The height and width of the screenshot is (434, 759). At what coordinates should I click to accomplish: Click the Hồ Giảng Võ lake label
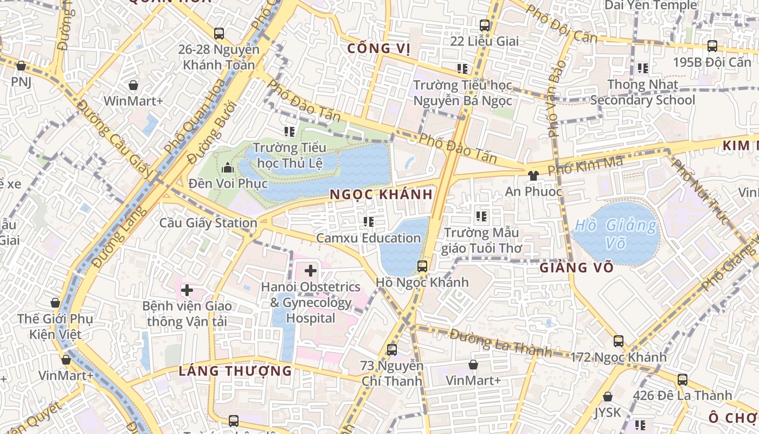tap(616, 233)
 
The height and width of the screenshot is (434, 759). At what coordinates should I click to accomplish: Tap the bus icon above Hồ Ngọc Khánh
tap(422, 266)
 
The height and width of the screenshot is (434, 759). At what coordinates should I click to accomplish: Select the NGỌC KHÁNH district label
tap(381, 194)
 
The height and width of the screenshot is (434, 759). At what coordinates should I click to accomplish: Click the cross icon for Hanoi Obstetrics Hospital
tap(311, 270)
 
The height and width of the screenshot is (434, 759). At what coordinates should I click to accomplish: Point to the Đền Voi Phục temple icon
tap(227, 167)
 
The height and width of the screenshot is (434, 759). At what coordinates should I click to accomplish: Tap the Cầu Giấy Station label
tap(208, 223)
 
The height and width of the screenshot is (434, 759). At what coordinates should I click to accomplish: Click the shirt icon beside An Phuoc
tap(533, 175)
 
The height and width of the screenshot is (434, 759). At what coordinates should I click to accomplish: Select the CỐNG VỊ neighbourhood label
tap(378, 48)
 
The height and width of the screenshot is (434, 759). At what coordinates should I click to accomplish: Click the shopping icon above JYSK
tap(608, 397)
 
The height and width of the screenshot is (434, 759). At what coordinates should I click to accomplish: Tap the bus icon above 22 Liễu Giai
tap(485, 25)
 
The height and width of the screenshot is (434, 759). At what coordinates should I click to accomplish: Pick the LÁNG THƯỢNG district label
tap(235, 371)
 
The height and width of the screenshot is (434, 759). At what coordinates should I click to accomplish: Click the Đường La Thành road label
tap(500, 343)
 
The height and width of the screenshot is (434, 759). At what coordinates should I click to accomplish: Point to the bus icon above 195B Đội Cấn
tap(712, 46)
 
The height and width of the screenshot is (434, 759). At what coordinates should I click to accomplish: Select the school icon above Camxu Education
tap(369, 221)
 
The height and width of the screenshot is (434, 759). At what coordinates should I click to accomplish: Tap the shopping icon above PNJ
tap(21, 66)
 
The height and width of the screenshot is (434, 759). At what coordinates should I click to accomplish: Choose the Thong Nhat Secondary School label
tap(642, 92)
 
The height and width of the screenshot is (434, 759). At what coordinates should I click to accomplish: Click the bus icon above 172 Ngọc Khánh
tap(619, 341)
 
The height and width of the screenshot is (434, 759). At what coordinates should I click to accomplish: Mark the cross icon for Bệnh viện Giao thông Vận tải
tap(187, 290)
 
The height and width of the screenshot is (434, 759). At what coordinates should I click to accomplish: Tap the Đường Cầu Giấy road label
tap(115, 139)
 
